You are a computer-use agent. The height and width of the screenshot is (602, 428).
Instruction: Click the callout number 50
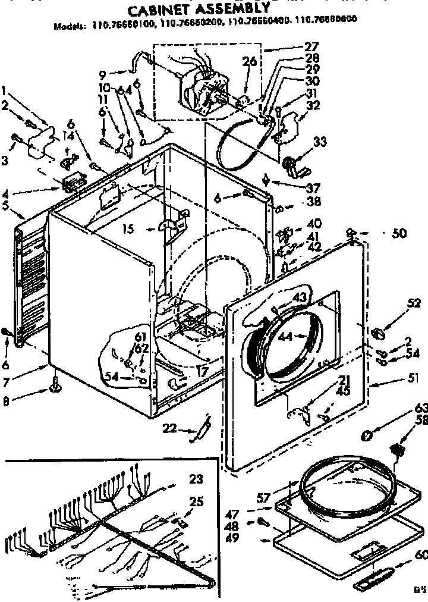(399, 234)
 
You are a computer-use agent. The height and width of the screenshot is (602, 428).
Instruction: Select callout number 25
(196, 502)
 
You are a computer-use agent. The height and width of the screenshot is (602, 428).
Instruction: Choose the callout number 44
(285, 336)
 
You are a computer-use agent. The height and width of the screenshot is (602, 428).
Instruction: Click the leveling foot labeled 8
(57, 388)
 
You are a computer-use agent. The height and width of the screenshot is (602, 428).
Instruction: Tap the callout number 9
(103, 75)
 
